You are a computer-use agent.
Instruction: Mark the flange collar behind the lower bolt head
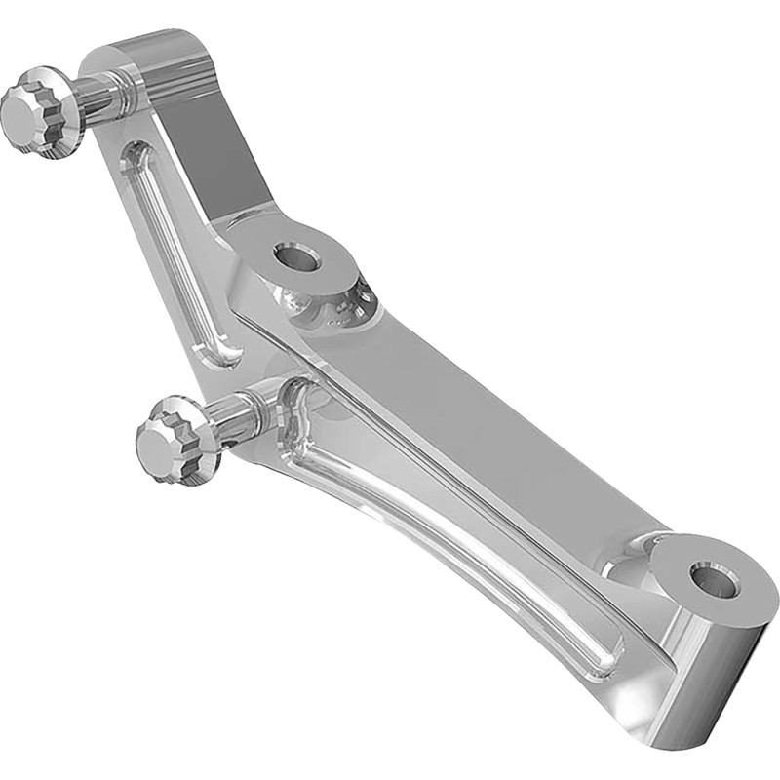pos(203,429)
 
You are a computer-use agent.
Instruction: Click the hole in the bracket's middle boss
pos(296,258)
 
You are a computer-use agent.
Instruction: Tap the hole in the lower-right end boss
pos(714,577)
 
